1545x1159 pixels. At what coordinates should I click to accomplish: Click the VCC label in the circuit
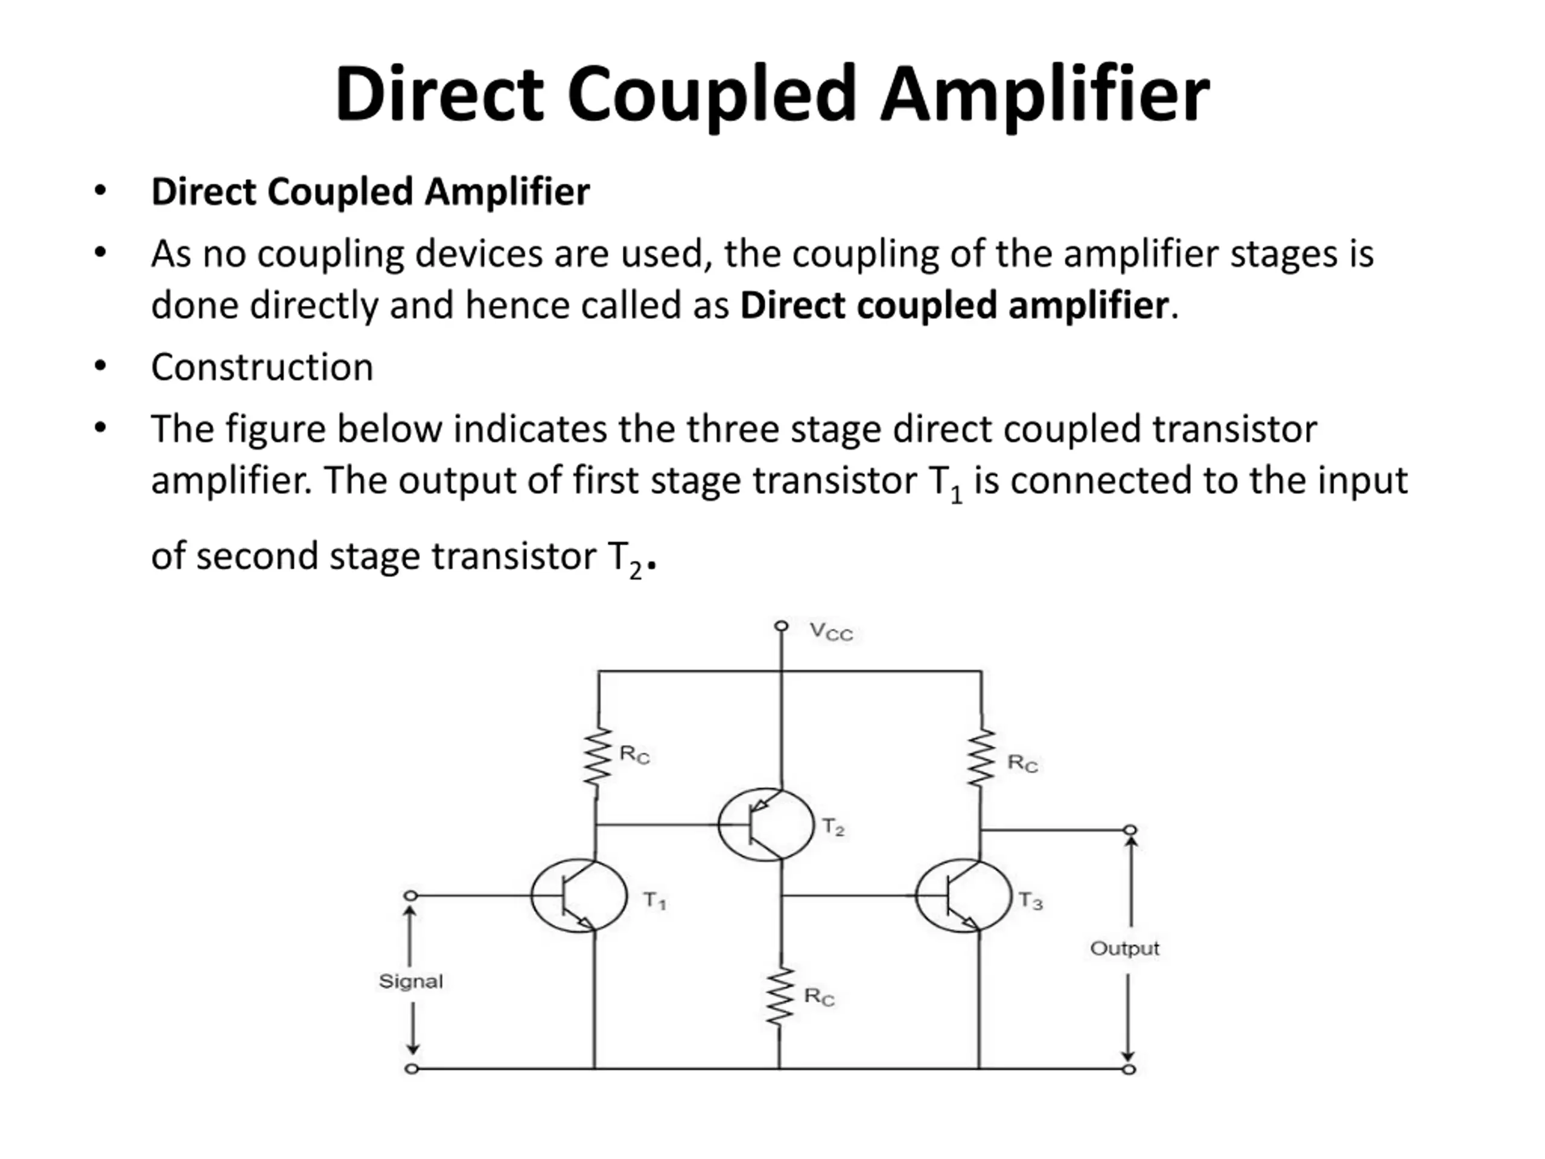click(x=830, y=631)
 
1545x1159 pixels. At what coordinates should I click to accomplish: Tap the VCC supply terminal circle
click(x=782, y=625)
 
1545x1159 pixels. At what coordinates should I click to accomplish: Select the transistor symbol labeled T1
click(x=578, y=896)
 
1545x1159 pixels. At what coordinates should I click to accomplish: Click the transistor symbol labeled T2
click(x=765, y=825)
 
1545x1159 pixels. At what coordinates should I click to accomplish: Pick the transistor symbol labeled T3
click(x=963, y=896)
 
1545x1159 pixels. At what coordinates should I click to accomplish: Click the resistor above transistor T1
click(x=597, y=763)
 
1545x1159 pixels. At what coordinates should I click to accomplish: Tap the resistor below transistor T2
click(x=780, y=997)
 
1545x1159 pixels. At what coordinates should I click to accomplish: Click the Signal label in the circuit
click(x=411, y=982)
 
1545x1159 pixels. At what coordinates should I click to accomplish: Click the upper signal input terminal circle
click(x=412, y=896)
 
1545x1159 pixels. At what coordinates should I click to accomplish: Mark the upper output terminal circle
click(x=1130, y=830)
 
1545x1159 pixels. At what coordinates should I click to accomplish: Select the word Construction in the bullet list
click(x=262, y=367)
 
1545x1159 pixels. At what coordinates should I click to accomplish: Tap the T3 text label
click(x=1030, y=901)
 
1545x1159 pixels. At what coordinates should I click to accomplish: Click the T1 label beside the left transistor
click(x=654, y=901)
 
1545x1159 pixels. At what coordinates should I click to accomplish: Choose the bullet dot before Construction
click(x=101, y=365)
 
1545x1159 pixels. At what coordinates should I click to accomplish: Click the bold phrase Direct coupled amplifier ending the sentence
click(x=954, y=305)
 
